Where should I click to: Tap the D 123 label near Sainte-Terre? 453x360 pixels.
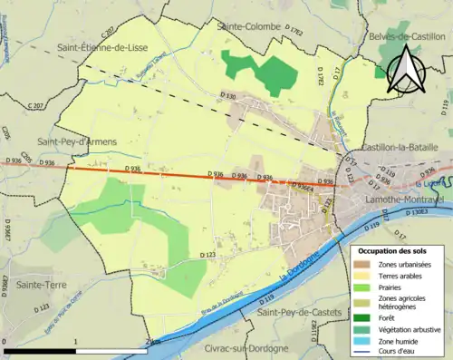[40, 308]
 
